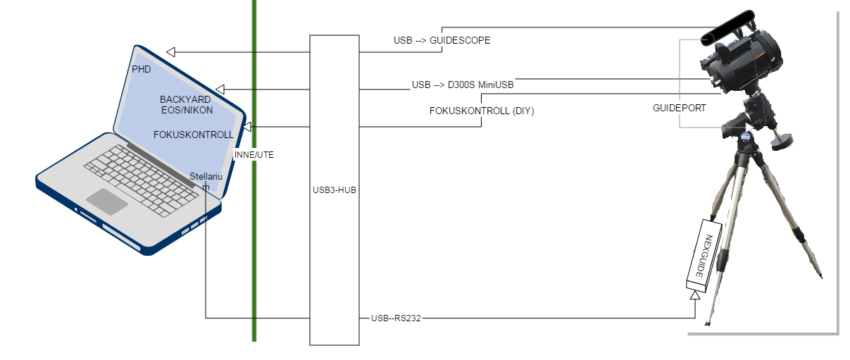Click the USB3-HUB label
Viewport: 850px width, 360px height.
click(335, 190)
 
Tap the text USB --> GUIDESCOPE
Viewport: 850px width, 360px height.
click(442, 40)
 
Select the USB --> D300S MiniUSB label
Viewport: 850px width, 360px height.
click(463, 85)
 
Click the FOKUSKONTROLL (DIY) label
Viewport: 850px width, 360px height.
click(482, 111)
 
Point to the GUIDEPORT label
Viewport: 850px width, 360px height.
click(679, 108)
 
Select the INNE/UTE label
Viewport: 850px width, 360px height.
click(254, 154)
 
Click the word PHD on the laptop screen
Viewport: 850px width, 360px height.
click(142, 69)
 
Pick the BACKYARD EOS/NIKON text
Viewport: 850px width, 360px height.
click(186, 105)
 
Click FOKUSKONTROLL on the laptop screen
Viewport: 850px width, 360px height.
click(193, 135)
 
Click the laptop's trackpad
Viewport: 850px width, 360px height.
click(107, 201)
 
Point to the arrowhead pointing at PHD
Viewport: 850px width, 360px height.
click(170, 51)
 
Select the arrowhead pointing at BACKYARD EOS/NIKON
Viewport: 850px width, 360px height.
click(220, 89)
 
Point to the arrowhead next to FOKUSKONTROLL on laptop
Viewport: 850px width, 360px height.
click(247, 127)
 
